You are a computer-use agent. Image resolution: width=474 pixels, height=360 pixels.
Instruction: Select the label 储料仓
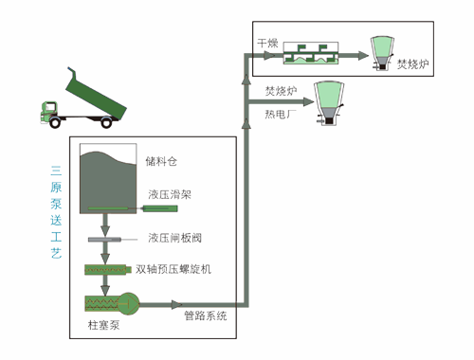162,160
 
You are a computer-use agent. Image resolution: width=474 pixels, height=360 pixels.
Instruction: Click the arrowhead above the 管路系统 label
175,305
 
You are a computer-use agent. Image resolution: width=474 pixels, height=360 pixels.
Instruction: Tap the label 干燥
267,44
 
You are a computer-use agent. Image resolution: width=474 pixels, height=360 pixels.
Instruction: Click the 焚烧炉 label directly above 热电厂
282,92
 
